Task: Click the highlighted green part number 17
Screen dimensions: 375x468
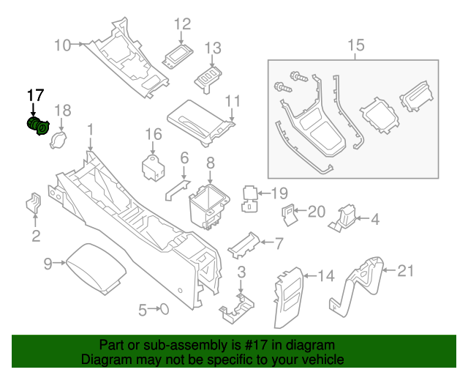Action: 37,127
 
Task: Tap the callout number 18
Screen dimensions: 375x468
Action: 63,111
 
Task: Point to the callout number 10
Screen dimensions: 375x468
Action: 63,45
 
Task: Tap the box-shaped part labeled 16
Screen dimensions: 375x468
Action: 154,167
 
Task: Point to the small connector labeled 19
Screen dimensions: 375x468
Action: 250,198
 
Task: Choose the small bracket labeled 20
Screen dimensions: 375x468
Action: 290,212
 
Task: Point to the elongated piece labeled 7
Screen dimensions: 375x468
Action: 241,246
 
